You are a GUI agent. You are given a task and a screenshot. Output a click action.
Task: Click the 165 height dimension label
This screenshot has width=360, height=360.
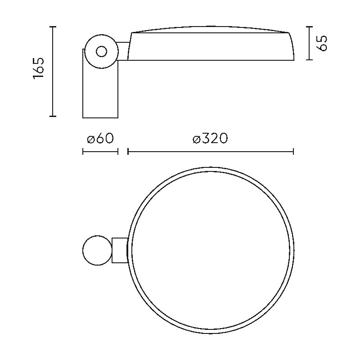[38, 68]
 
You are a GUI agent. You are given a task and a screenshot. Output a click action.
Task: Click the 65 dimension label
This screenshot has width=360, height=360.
[321, 43]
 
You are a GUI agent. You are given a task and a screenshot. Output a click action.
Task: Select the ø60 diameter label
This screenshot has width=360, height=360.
[100, 139]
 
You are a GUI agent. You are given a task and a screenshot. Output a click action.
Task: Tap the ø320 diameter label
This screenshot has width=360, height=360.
[210, 139]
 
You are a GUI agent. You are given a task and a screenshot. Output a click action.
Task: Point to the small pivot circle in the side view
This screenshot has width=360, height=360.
[102, 51]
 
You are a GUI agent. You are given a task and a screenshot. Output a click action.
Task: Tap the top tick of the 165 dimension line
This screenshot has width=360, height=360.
[53, 27]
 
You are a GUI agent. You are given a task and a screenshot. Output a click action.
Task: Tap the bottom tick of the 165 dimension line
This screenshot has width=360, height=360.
[53, 116]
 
